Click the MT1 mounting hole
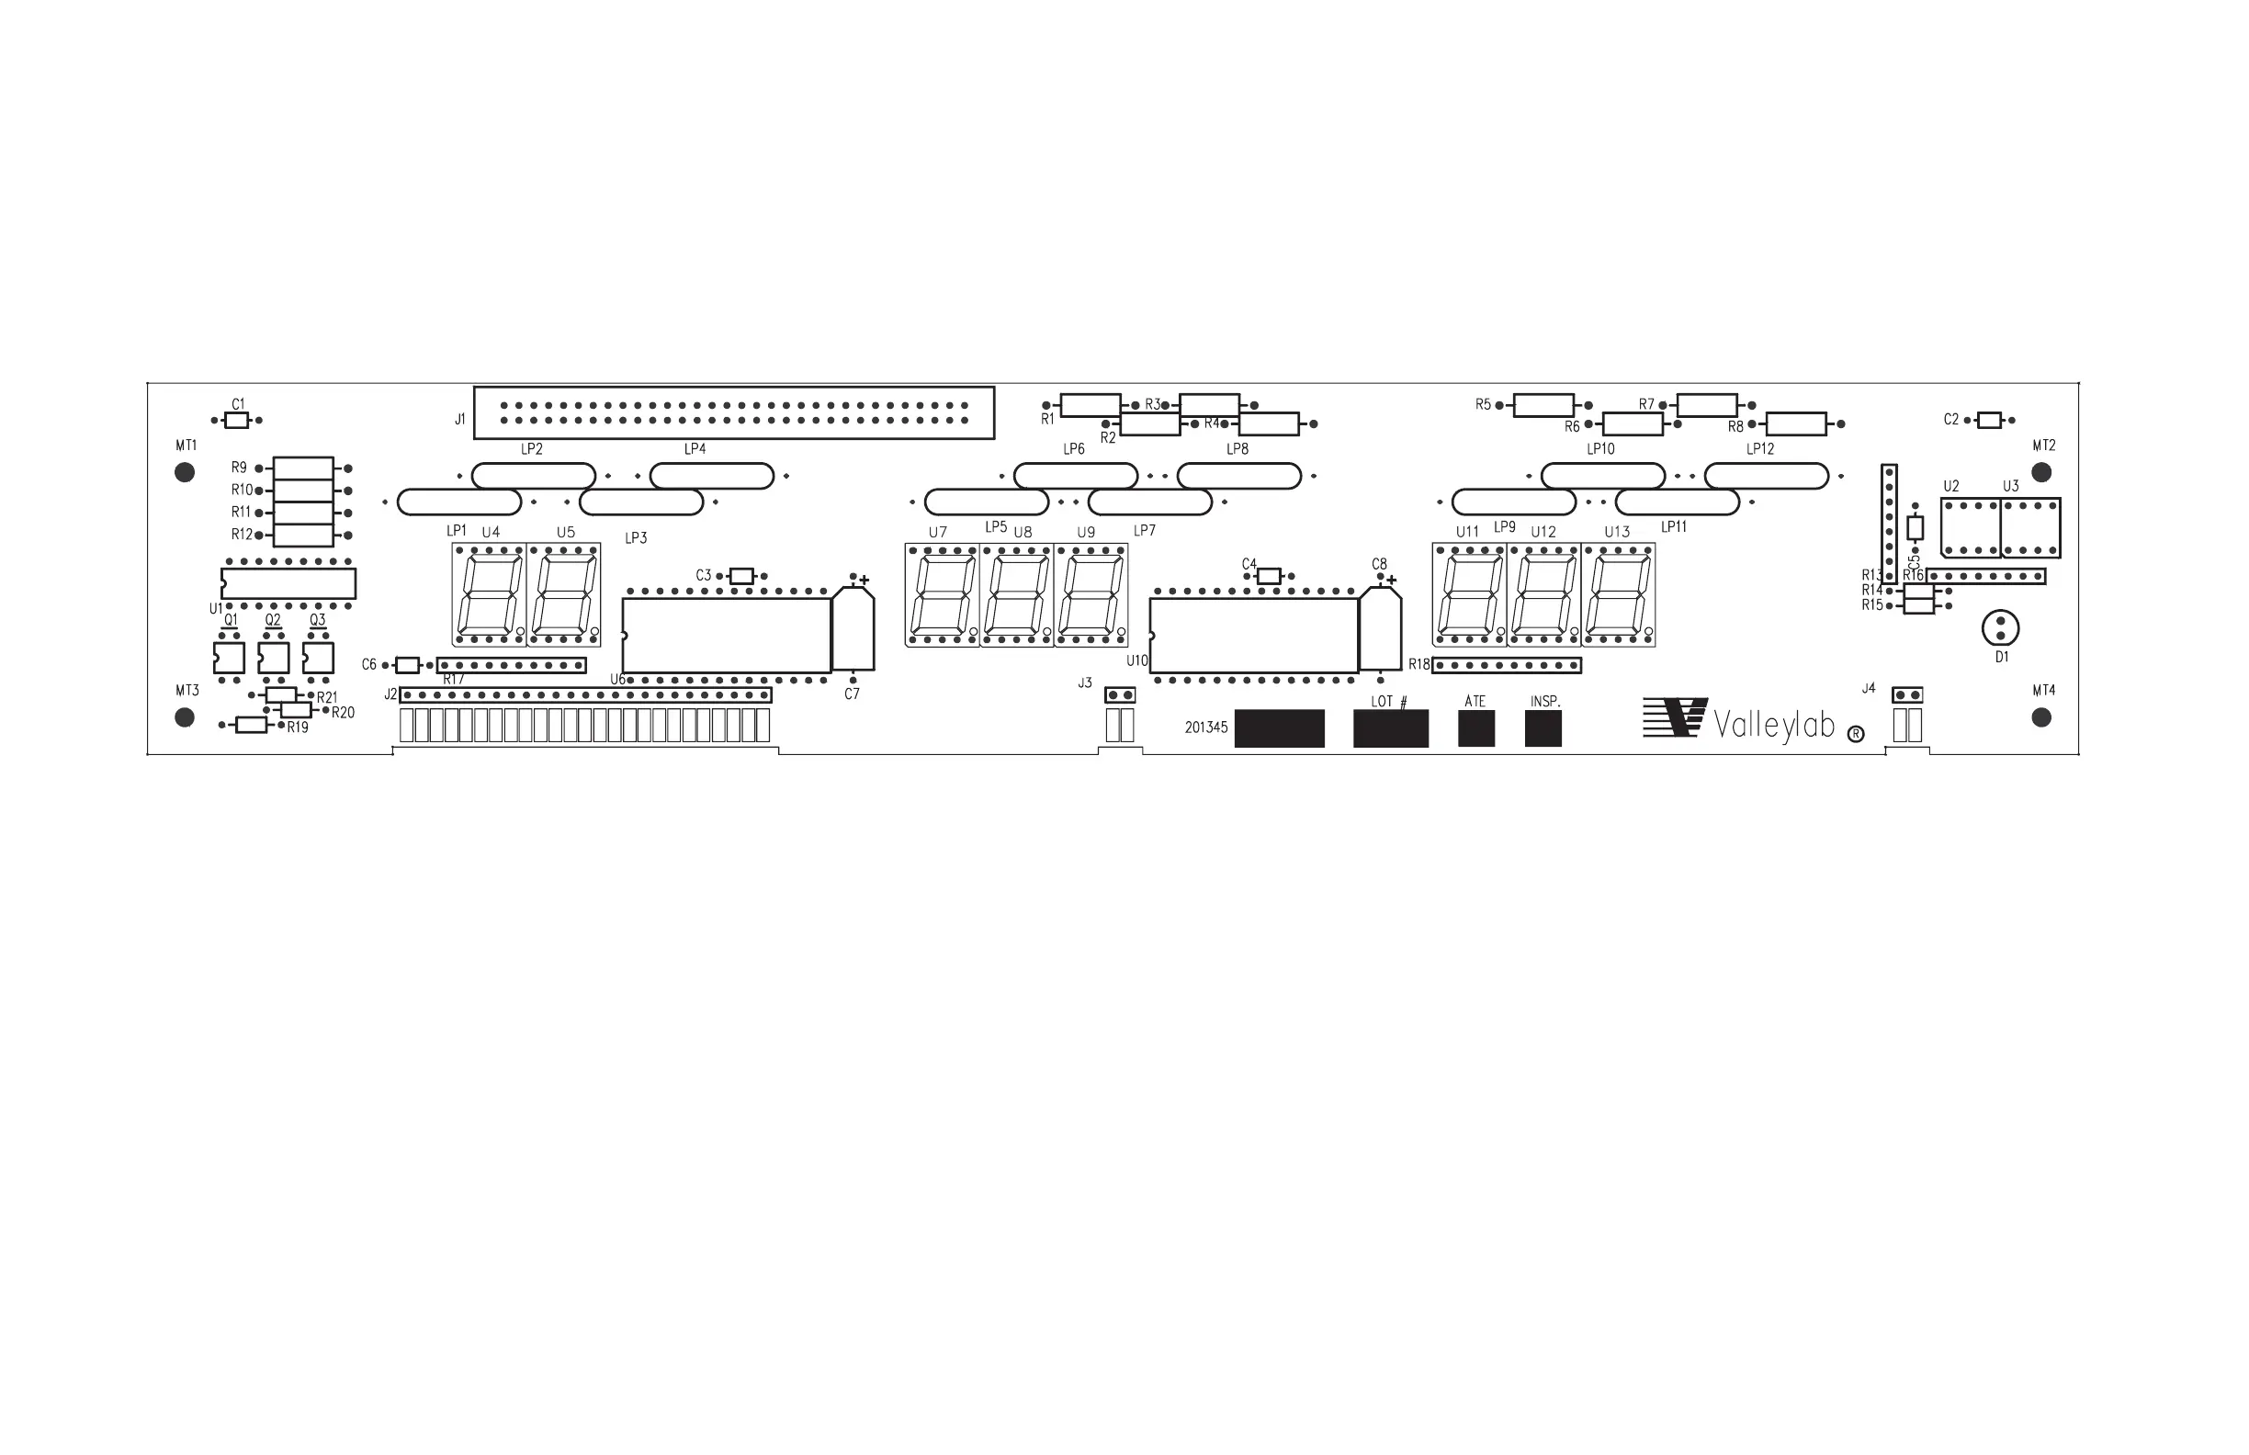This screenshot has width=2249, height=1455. coord(186,472)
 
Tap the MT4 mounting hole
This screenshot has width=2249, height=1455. coord(2041,718)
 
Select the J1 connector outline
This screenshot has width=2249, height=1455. coord(733,412)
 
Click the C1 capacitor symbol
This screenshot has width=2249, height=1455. coord(236,421)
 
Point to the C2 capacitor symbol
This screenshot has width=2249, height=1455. coord(1989,421)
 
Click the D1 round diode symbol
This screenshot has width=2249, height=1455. coord(2000,628)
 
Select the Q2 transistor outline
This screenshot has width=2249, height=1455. coord(273,658)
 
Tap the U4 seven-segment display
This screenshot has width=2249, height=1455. coord(489,595)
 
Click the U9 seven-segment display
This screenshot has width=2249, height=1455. coord(1091,595)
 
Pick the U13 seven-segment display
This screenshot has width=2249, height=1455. coord(1619,595)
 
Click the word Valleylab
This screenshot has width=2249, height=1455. coord(1774,726)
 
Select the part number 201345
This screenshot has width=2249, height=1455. coord(1205,727)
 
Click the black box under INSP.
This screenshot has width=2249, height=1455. coord(1543,728)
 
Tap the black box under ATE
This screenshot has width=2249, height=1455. coord(1476,728)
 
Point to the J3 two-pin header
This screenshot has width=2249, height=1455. coord(1120,695)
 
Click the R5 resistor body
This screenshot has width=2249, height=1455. coord(1543,405)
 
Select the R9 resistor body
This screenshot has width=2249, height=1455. coord(303,468)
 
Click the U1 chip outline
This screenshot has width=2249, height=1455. coord(288,583)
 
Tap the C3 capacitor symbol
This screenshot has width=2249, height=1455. coord(741,576)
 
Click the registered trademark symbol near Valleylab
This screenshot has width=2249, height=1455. coord(1855,734)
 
